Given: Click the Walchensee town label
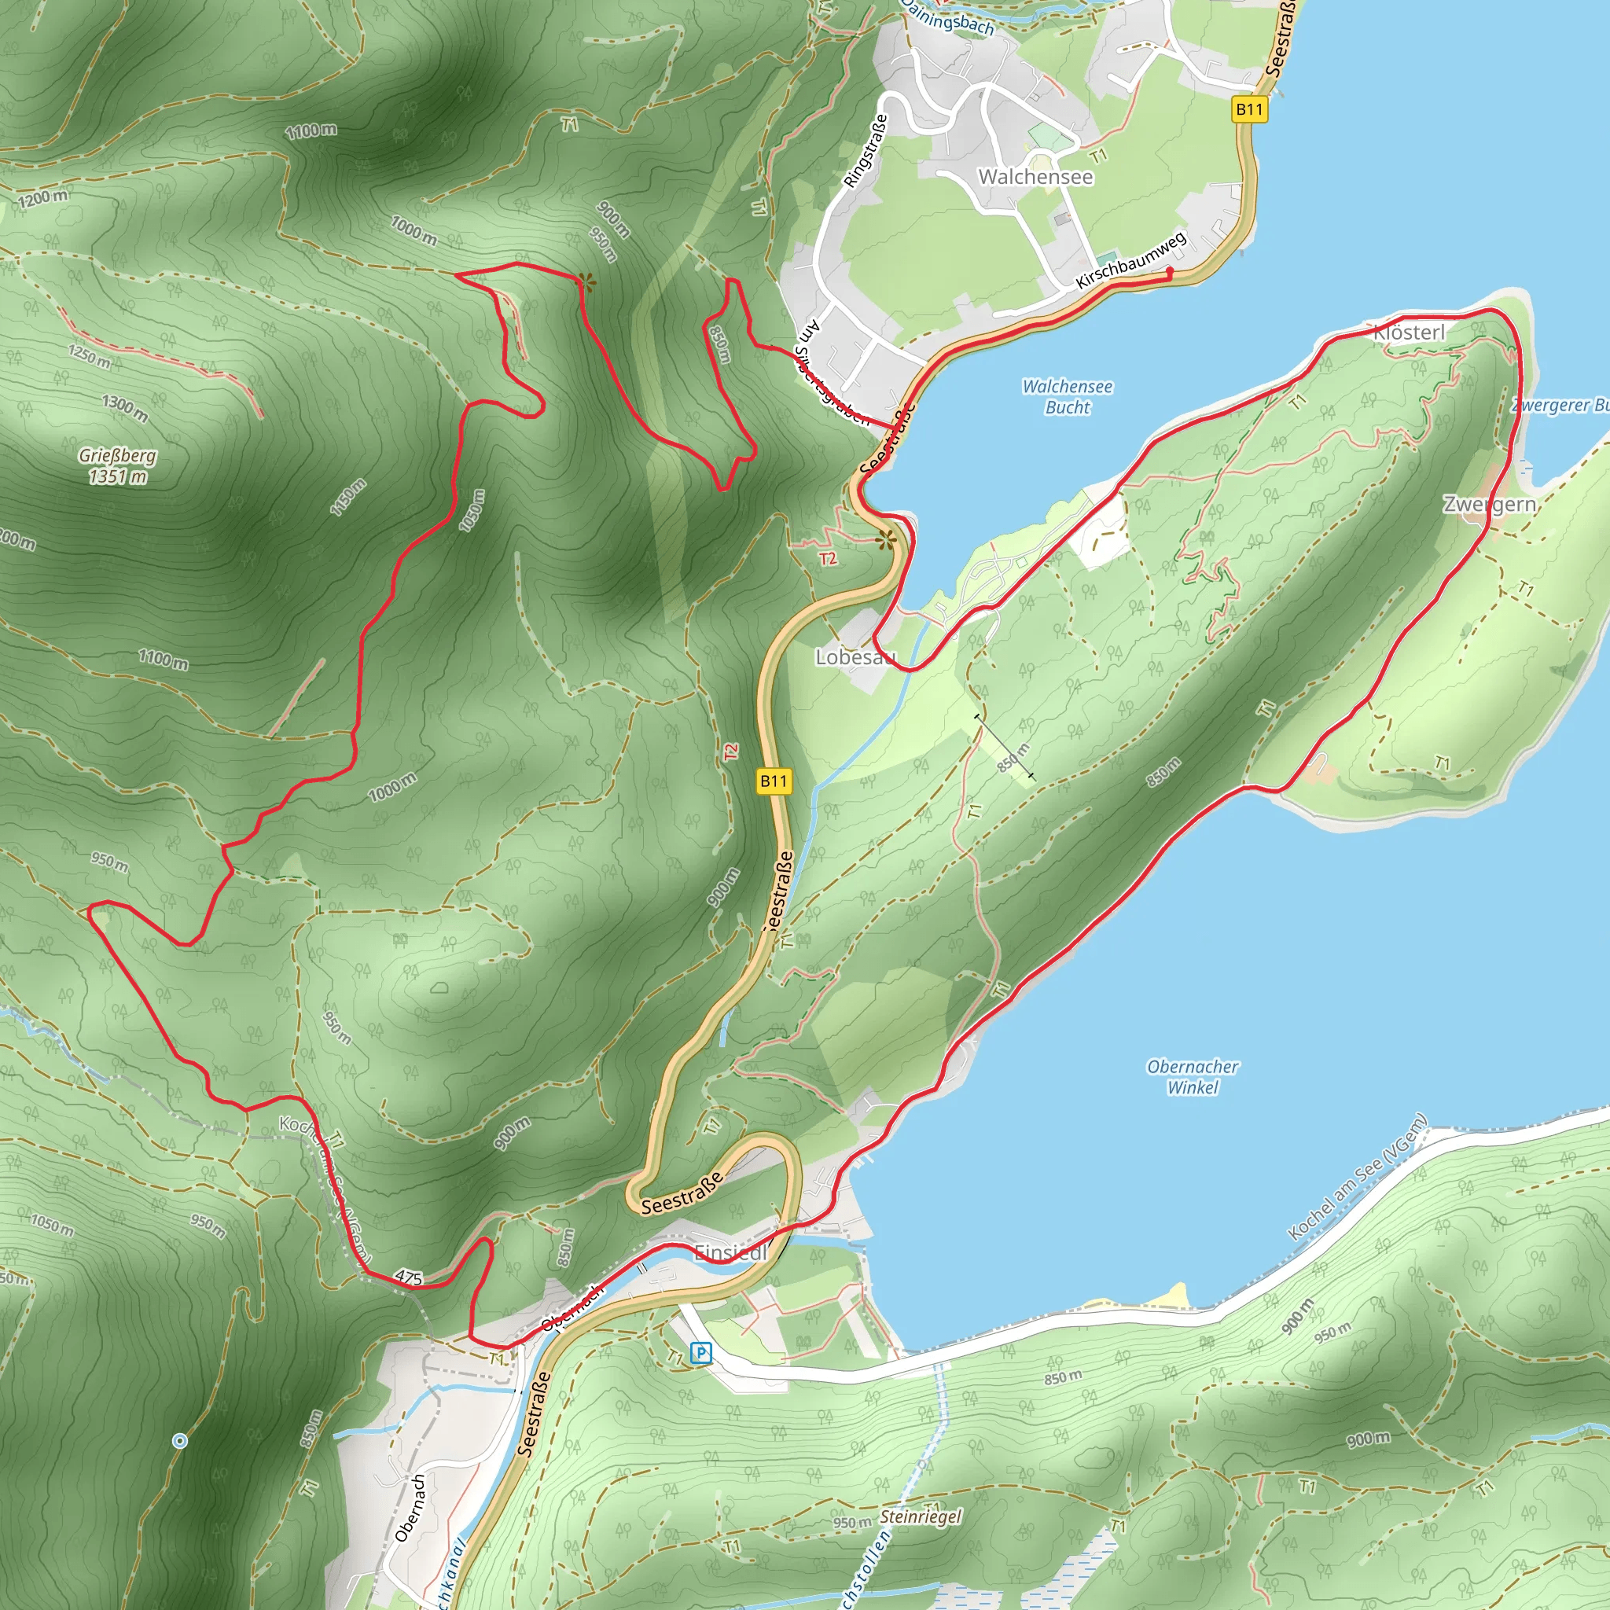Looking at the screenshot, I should click(x=1035, y=177).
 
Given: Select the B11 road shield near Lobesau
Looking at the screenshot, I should click(x=774, y=781).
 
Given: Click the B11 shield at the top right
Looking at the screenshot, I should click(x=1249, y=109).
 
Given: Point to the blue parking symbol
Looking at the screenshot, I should click(x=702, y=1352).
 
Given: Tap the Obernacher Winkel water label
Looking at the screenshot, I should click(x=1193, y=1077).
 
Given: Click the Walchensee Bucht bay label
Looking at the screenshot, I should click(x=1067, y=397).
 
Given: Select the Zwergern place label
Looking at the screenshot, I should click(x=1490, y=504).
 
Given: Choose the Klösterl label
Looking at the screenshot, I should click(x=1410, y=333).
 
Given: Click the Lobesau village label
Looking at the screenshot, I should click(x=855, y=657).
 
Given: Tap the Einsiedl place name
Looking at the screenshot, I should click(x=730, y=1252).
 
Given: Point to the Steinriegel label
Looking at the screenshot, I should click(x=921, y=1516).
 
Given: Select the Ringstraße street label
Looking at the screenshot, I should click(x=866, y=151).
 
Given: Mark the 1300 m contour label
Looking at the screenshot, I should click(x=125, y=407).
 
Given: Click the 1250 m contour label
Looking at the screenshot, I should click(x=89, y=356).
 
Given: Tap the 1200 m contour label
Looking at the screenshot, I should click(x=42, y=197).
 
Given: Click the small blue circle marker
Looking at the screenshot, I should click(x=179, y=1440).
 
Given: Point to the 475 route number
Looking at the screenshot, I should click(x=408, y=1277).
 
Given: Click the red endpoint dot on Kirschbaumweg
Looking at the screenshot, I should click(x=1169, y=272).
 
